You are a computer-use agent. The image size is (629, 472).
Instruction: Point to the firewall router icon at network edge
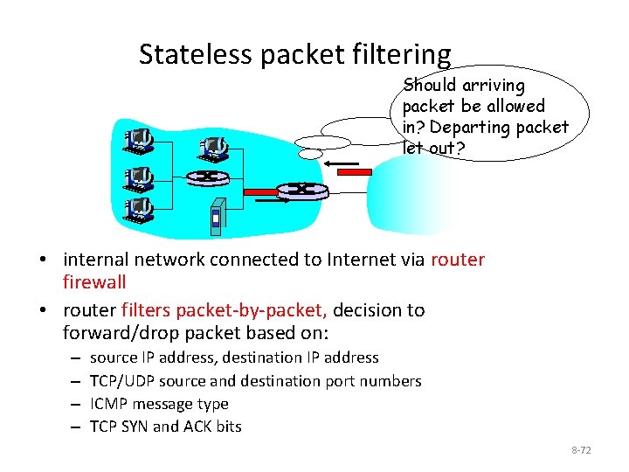coord(301,189)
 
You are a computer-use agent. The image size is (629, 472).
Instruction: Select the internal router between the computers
coord(205,177)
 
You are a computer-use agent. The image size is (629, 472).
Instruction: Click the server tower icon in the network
coord(218,218)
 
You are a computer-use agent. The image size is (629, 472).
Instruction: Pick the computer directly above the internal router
coord(212,147)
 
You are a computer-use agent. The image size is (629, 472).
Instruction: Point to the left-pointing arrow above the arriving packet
coord(340,163)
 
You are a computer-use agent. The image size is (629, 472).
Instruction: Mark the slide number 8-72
coord(581,450)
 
